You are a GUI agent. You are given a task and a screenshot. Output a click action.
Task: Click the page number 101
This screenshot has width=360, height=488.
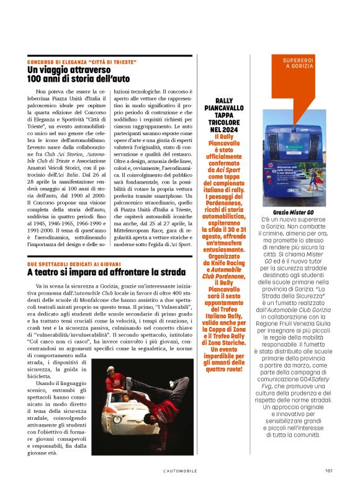pos(328,470)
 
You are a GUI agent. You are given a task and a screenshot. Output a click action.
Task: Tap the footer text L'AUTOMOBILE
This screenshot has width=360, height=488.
pos(180,470)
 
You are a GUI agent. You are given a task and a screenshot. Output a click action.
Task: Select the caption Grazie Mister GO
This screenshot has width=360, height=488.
pos(294,213)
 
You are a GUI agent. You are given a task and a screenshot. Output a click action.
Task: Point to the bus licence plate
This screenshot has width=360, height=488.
pos(294,190)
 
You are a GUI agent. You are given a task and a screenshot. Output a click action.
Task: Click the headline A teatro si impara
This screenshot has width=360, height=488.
pos(106,272)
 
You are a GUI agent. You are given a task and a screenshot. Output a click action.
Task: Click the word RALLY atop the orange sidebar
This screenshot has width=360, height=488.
pos(224,100)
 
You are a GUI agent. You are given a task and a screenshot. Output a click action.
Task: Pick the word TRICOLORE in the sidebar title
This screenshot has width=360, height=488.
pos(224,123)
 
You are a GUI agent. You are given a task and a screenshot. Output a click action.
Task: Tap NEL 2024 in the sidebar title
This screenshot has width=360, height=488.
pos(224,130)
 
